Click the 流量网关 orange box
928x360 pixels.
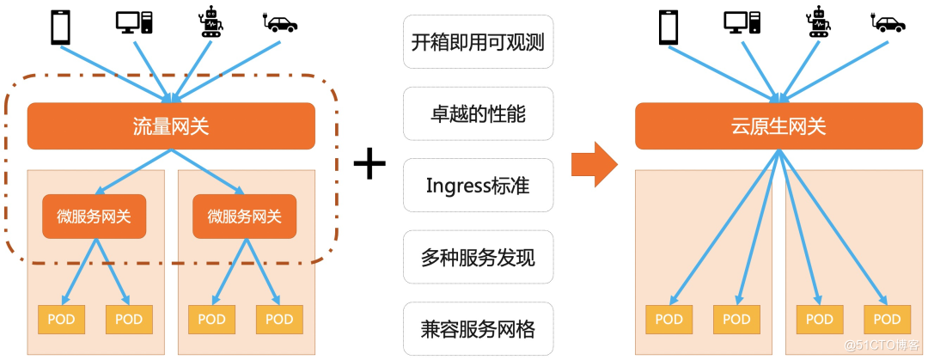171,126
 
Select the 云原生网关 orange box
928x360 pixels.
778,126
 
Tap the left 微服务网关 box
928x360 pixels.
95,217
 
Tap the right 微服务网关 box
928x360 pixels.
245,217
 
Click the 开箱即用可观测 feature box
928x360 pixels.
478,41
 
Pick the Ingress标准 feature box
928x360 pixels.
478,185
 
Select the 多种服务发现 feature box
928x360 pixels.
478,257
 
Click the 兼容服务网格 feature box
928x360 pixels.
478,328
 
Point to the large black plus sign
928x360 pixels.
369,163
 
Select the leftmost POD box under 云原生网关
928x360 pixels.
669,320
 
